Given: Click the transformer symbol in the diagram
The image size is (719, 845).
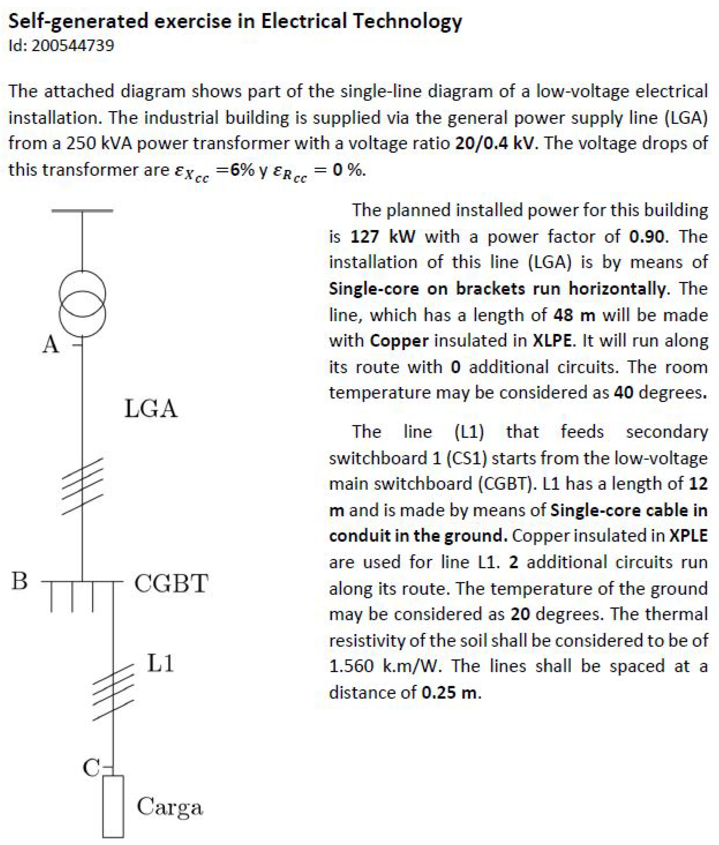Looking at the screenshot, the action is (82, 304).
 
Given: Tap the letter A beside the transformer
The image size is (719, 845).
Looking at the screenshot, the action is (51, 345).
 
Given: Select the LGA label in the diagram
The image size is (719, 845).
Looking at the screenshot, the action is (151, 409).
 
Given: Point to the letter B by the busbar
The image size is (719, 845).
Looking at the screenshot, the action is (19, 581).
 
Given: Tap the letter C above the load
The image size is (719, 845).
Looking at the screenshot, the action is (91, 768).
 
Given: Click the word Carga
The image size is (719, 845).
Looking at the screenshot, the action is (170, 807).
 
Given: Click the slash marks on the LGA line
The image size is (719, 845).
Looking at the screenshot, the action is (82, 486).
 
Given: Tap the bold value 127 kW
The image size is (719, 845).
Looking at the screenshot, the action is (383, 236).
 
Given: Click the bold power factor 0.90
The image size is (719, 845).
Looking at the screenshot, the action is (646, 236).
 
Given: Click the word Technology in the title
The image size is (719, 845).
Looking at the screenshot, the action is (408, 21).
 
